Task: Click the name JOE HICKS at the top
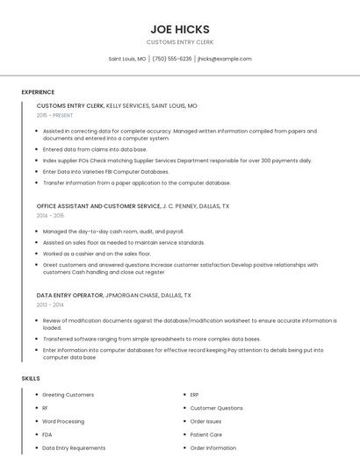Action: tap(179, 29)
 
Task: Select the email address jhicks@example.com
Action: tap(224, 59)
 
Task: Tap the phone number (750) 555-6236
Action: tap(172, 59)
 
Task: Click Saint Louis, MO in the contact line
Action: tap(127, 59)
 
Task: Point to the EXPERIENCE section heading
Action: tap(38, 92)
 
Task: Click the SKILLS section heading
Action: tap(31, 378)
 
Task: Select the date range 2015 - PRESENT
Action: tap(54, 115)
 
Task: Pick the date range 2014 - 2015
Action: tap(50, 215)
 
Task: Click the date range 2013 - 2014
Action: tap(50, 304)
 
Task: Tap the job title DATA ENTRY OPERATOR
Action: tap(69, 296)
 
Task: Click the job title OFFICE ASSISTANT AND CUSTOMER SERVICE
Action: tap(98, 206)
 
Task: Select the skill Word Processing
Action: tap(63, 421)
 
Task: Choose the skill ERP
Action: tap(194, 395)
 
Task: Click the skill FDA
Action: tap(47, 434)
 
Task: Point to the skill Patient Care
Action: tap(205, 434)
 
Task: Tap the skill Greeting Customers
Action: tap(68, 395)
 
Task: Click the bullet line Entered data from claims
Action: tap(95, 149)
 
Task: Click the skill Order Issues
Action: tap(206, 421)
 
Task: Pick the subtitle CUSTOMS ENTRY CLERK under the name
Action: tap(179, 42)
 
